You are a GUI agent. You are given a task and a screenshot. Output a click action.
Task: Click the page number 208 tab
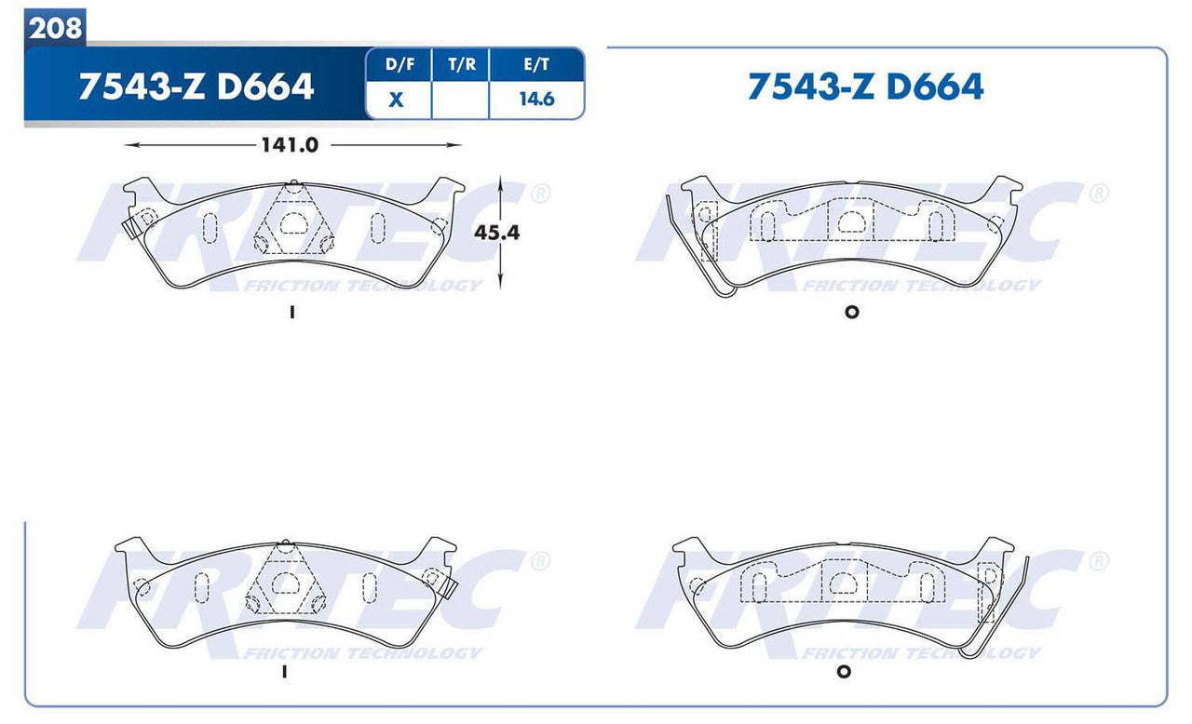coord(55,29)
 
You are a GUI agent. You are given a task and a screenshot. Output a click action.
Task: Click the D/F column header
coord(398,65)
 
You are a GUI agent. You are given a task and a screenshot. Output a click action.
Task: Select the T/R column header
coord(460,65)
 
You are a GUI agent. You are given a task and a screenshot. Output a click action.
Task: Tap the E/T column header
coord(536,65)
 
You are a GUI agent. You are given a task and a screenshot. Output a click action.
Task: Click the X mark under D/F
coord(397,100)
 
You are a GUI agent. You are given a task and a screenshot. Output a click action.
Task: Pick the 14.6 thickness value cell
coord(536,100)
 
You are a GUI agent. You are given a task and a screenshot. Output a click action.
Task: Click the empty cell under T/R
coord(460,100)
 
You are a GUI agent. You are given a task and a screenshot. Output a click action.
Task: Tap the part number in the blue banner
coord(196,87)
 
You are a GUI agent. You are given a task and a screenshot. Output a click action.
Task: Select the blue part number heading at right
coord(865,87)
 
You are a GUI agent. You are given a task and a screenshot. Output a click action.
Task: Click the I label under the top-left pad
coord(292,314)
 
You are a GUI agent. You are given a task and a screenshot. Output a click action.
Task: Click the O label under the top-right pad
coord(850,312)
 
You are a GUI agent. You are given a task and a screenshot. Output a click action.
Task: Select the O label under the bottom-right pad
coord(844,672)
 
